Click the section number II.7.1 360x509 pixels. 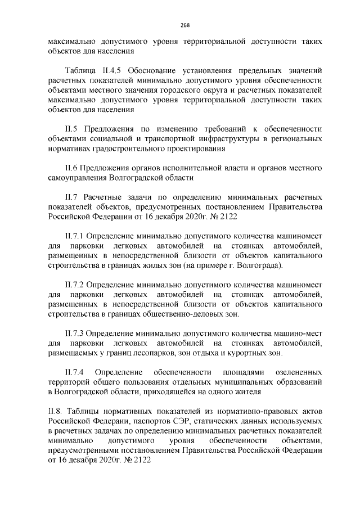(76, 236)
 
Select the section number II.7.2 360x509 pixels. (76, 285)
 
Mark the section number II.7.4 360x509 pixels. (75, 372)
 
